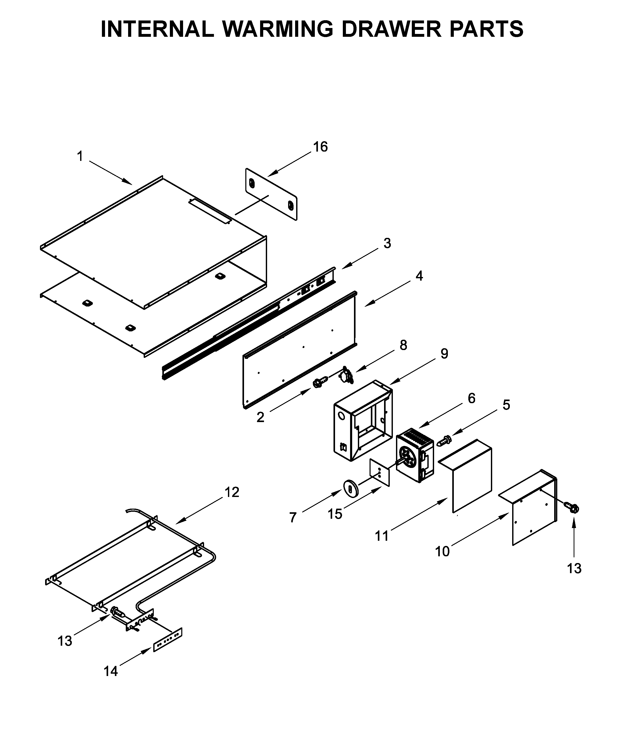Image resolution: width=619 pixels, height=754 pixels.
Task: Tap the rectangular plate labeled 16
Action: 271,194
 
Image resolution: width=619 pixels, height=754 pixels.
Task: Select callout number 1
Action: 80,156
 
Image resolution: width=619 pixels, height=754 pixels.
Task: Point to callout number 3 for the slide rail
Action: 387,243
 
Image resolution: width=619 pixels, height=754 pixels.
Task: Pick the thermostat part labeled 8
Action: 346,375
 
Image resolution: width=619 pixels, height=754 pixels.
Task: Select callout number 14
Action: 110,671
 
